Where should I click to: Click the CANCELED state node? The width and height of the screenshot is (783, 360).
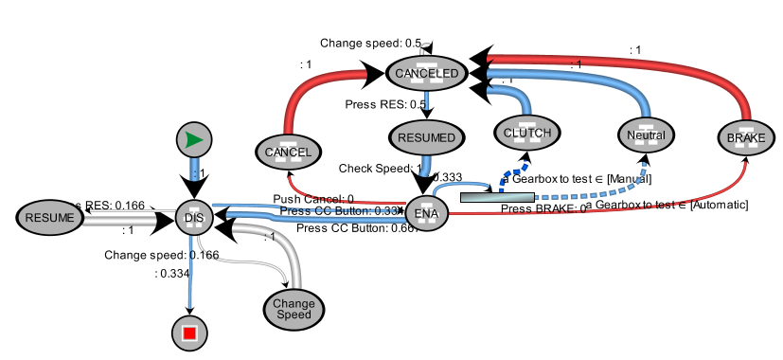(426, 73)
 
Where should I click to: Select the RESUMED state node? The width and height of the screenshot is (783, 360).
(426, 137)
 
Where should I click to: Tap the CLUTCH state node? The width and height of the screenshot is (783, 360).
(527, 134)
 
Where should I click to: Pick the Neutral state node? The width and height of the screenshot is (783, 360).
(646, 135)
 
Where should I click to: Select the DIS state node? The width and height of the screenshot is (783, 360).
(193, 218)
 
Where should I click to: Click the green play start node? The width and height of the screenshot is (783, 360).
(193, 141)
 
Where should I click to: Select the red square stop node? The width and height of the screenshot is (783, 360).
(189, 333)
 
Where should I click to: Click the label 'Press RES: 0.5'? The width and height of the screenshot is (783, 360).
(384, 104)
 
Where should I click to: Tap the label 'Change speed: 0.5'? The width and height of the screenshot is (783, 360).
(370, 44)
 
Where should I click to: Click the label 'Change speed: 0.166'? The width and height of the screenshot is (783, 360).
(148, 255)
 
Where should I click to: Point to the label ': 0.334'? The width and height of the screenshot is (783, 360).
(173, 273)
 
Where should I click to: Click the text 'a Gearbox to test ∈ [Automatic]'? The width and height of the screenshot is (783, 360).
(667, 205)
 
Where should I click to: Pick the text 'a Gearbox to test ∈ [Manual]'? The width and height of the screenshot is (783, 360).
(576, 178)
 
